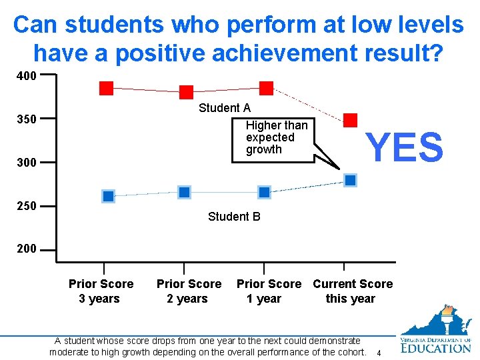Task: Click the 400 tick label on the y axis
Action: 27,75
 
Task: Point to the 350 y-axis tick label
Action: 27,119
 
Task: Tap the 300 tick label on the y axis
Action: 27,163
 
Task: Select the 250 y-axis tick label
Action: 27,206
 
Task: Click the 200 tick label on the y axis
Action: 27,249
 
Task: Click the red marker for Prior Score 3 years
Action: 107,88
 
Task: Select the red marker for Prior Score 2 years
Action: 187,92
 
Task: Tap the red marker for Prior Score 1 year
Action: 266,88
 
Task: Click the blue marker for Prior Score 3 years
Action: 108,196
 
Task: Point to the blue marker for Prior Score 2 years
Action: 185,192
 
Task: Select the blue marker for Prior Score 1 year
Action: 264,192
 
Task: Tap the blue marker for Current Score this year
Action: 351,180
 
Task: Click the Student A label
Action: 225,108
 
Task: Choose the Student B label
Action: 234,217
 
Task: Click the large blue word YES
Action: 404,147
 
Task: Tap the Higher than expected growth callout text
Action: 276,137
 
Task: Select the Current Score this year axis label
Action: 353,291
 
